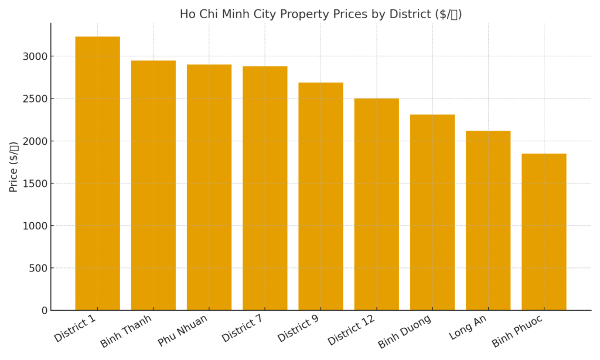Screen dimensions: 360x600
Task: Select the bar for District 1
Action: tap(97, 174)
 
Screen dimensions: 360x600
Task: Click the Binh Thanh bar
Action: tap(153, 185)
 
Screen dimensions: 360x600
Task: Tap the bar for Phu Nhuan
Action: tap(209, 188)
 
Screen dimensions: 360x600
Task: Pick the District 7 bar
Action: tap(265, 188)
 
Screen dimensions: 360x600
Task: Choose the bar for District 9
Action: tap(321, 196)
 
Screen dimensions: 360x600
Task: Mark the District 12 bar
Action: tap(376, 204)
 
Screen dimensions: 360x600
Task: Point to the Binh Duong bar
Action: tap(432, 212)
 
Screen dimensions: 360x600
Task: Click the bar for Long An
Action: tap(488, 220)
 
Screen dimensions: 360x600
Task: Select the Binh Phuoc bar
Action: tap(544, 232)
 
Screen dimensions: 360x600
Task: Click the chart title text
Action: tap(321, 14)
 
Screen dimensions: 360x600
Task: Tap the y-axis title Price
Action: tap(13, 167)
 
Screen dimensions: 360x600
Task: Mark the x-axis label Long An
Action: tap(468, 327)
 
